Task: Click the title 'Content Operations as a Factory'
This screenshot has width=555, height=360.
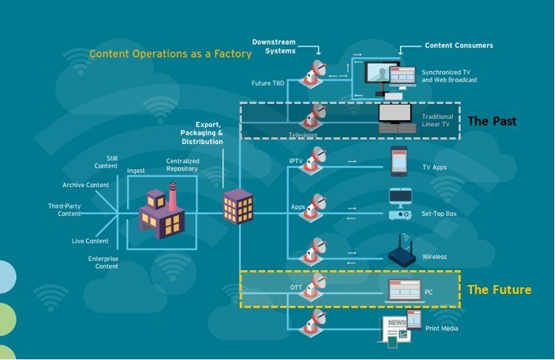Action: click(170, 53)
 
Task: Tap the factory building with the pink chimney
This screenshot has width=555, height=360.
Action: click(162, 211)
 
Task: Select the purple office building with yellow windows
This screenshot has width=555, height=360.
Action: click(238, 206)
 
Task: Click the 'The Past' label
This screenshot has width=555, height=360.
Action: click(492, 121)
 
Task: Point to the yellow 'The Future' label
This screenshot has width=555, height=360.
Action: click(499, 289)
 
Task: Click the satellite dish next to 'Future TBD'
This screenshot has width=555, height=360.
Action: click(312, 74)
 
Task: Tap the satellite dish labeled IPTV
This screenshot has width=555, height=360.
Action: click(312, 160)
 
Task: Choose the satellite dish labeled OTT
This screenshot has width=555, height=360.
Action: click(312, 287)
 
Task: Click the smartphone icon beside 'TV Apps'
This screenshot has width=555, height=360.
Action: click(399, 161)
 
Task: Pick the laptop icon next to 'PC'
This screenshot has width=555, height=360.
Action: click(404, 291)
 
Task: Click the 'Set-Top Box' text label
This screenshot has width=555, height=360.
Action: click(439, 214)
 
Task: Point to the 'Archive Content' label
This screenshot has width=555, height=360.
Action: click(85, 185)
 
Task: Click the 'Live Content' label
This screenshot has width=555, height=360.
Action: click(91, 240)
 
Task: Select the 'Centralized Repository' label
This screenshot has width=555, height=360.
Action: click(183, 165)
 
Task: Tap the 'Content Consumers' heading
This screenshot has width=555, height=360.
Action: click(459, 45)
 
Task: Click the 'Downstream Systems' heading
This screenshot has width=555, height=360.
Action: click(274, 46)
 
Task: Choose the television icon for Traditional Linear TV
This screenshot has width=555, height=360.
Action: click(396, 118)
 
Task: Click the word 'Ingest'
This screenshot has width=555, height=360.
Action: click(136, 171)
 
